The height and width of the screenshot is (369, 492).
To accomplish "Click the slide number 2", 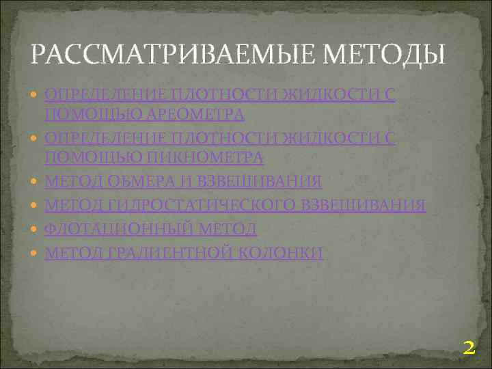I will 469,348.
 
